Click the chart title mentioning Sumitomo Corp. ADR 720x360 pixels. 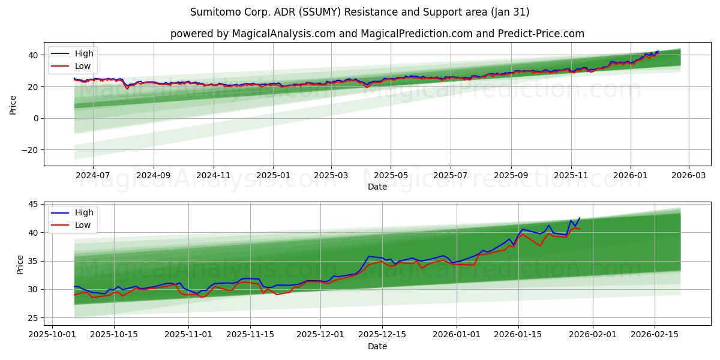360,12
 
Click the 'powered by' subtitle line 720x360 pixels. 377,34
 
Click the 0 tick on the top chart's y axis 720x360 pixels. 36,118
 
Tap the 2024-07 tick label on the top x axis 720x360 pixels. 93,175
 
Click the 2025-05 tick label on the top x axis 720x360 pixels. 391,175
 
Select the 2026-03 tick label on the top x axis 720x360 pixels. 688,175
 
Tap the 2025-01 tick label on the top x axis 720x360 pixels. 273,175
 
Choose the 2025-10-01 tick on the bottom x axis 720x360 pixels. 52,334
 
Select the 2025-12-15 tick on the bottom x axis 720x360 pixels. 382,334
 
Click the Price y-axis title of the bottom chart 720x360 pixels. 20,264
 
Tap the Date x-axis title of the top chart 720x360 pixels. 377,187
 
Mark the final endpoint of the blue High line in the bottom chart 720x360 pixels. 580,218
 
